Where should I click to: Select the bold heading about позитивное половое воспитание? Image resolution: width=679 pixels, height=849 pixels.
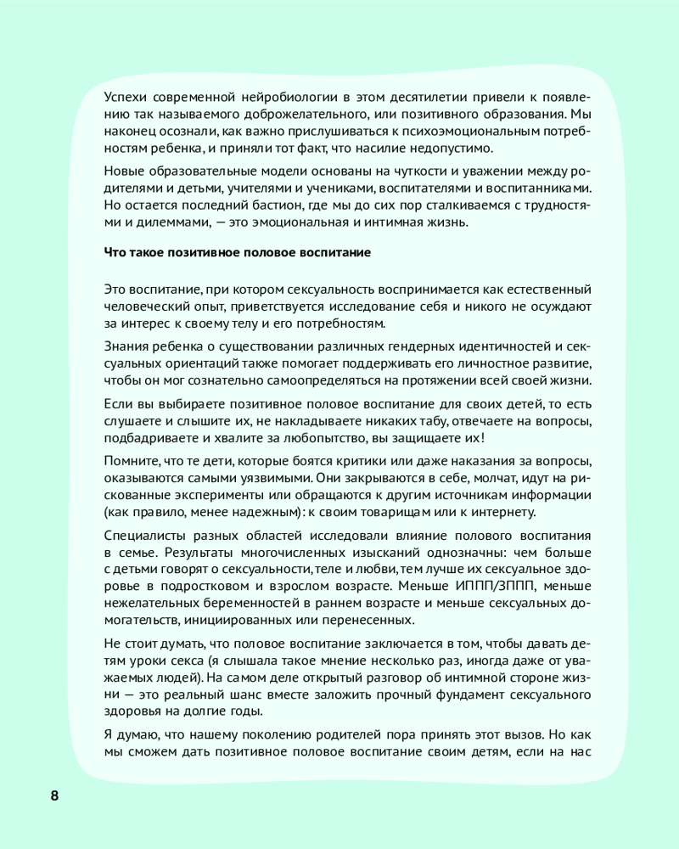[237, 252]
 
